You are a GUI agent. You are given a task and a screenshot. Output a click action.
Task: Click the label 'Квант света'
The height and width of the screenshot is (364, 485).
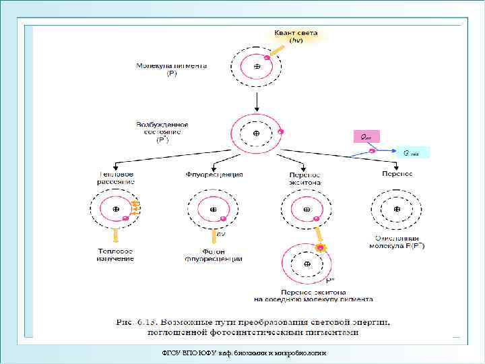(x=296, y=34)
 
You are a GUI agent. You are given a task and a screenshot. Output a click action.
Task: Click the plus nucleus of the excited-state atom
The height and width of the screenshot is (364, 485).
(x=257, y=133)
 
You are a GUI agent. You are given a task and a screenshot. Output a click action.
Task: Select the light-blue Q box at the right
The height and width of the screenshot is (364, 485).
(x=411, y=152)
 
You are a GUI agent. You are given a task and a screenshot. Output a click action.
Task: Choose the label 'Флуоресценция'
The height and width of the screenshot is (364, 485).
(x=214, y=175)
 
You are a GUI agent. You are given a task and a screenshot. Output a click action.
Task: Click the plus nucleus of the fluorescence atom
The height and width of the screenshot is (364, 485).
(x=214, y=210)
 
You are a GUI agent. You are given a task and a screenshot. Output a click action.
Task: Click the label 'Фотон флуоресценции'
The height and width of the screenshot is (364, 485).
(x=214, y=255)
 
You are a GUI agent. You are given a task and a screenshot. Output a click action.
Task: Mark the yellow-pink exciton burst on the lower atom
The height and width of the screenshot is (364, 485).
(x=321, y=249)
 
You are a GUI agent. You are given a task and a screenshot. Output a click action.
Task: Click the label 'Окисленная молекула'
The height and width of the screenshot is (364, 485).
(x=399, y=242)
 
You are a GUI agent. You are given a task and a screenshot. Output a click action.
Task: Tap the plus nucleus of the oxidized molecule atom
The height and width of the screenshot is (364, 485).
(x=397, y=210)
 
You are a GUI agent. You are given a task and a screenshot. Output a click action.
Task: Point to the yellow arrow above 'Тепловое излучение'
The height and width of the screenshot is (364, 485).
(x=116, y=235)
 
